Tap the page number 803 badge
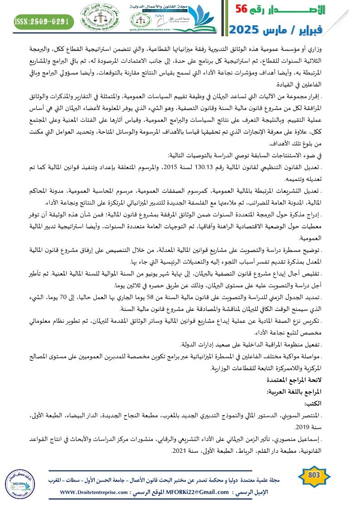tap(314, 475)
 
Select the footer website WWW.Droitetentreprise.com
tap(93, 492)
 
